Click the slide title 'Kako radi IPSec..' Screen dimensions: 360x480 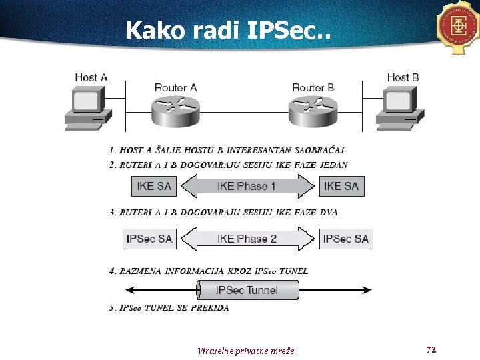click(227, 30)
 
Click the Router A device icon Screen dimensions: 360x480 click(175, 109)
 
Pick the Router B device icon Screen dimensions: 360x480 click(313, 109)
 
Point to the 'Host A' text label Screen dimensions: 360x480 click(91, 77)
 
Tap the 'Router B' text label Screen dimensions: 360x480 click(313, 87)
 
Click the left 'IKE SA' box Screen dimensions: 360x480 click(154, 186)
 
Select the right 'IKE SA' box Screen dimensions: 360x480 click(341, 186)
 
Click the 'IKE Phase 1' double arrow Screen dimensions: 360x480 click(247, 186)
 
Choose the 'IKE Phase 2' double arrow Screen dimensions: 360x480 click(247, 239)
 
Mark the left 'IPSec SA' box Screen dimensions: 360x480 click(149, 239)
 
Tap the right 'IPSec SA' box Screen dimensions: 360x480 click(345, 239)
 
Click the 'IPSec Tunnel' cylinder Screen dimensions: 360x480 click(247, 290)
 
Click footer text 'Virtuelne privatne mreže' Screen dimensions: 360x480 click(246, 351)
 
